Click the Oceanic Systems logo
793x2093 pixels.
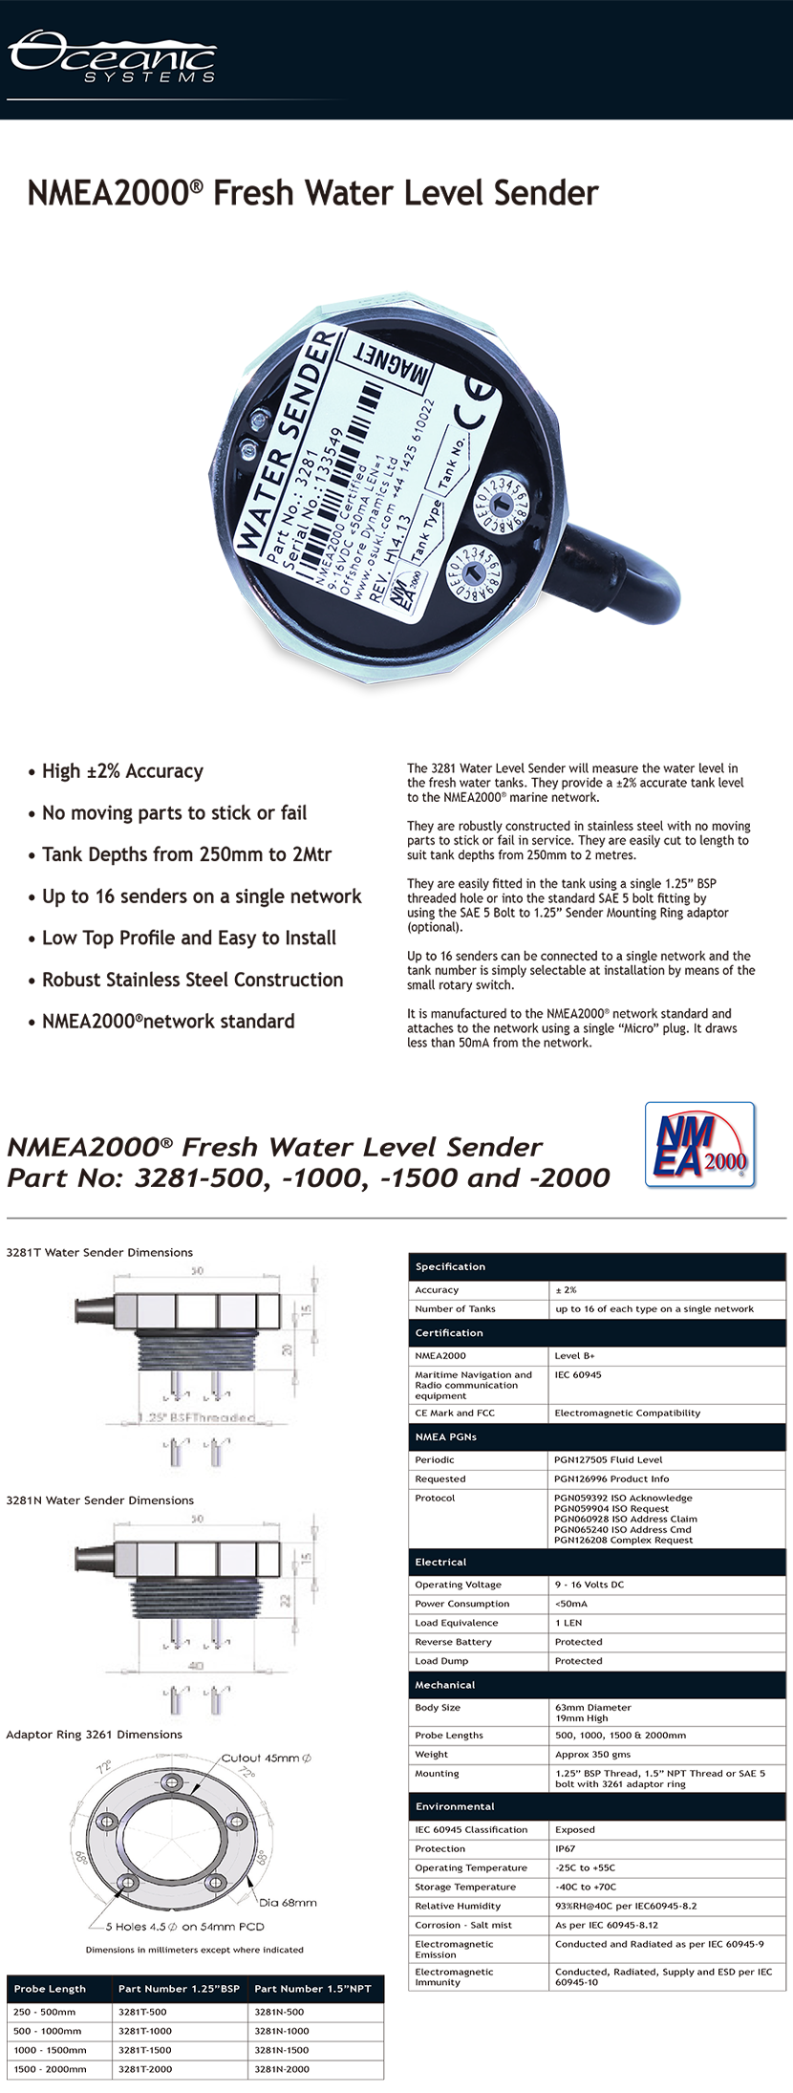pos(113,56)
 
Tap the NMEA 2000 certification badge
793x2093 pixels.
pos(700,1144)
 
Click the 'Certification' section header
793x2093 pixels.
pos(449,1332)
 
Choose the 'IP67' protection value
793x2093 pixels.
pos(566,1848)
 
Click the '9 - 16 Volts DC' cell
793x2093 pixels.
pos(589,1585)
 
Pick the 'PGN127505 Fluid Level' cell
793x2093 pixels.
pos(608,1459)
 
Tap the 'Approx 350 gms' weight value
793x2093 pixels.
pos(592,1754)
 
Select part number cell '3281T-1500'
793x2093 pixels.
pos(145,2050)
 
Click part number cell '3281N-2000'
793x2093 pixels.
pos(282,2069)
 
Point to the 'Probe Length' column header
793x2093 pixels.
pos(50,1989)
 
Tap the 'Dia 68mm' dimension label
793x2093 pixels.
pos(288,1902)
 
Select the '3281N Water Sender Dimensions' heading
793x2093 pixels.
pos(99,1500)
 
